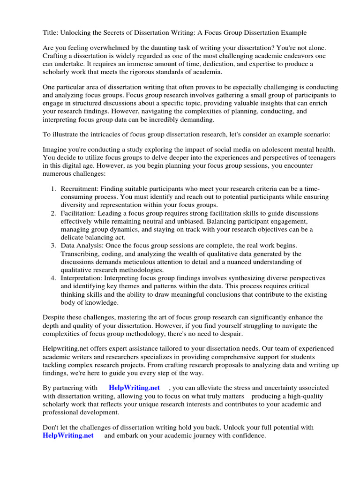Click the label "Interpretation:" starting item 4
[x=83, y=278]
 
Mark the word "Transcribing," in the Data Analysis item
[x=81, y=254]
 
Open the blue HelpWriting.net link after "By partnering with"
[x=134, y=388]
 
